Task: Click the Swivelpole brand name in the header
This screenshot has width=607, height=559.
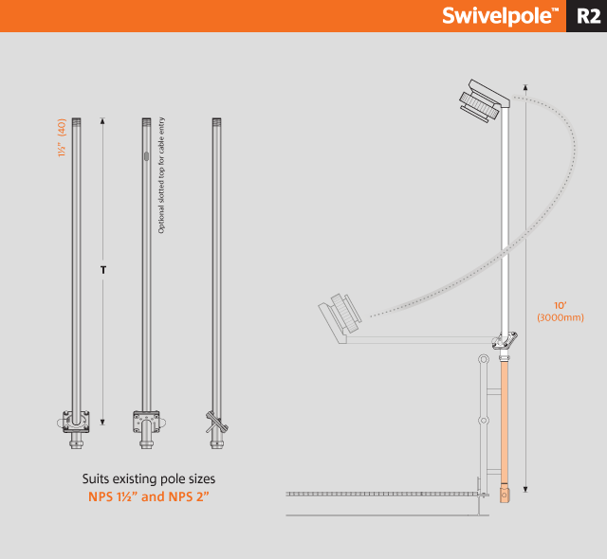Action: [x=500, y=16]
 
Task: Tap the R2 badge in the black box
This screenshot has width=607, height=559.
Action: [x=588, y=16]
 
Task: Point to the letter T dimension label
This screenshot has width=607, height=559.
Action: [x=103, y=270]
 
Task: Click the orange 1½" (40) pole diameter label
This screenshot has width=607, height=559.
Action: [x=62, y=137]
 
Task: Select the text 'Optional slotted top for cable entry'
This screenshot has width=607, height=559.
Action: [x=161, y=175]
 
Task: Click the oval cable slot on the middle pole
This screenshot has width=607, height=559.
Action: [x=146, y=156]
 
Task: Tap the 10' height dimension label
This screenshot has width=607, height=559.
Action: [x=560, y=305]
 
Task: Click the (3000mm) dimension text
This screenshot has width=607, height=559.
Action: [x=561, y=317]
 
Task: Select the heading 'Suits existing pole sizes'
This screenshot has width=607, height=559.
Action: [x=149, y=478]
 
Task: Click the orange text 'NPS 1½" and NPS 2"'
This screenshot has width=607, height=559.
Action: [x=149, y=496]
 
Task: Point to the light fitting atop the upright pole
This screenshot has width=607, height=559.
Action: [x=484, y=100]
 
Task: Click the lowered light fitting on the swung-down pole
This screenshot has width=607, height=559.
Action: [x=340, y=317]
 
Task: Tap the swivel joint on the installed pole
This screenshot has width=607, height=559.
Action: [x=505, y=340]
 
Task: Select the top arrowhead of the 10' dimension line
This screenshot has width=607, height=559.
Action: [x=525, y=87]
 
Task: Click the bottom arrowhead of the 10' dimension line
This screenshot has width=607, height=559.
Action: [x=525, y=490]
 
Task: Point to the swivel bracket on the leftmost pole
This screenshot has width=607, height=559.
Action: [x=76, y=422]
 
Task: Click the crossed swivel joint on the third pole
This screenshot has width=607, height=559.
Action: [x=217, y=422]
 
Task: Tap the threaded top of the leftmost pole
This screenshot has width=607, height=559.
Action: [x=76, y=121]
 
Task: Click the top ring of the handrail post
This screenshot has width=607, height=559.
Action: [x=483, y=359]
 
